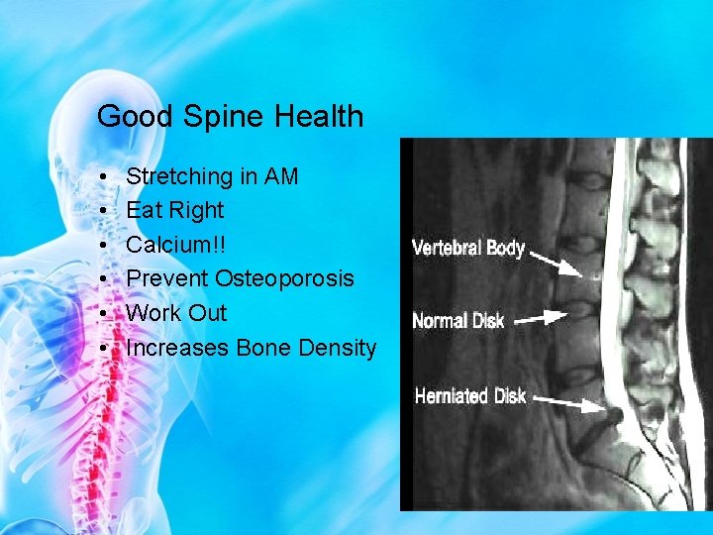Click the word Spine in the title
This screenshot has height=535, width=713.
pos(220,117)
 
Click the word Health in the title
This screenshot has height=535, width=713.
pos(316,117)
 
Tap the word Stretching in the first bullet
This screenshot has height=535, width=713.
pos(179,176)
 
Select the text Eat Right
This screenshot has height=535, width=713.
pos(175,210)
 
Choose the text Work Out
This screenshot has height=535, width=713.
pos(177,313)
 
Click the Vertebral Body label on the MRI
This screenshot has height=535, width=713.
pos(468,248)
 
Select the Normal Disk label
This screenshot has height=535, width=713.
pos(458,320)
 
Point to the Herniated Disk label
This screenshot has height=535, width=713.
pos(470,395)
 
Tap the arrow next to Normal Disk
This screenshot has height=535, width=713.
pos(541,318)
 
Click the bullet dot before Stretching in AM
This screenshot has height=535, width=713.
pos(104,177)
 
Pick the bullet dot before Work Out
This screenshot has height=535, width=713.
pos(104,314)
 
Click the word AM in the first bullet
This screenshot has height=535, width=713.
pos(281,176)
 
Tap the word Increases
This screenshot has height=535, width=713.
pos(178,348)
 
